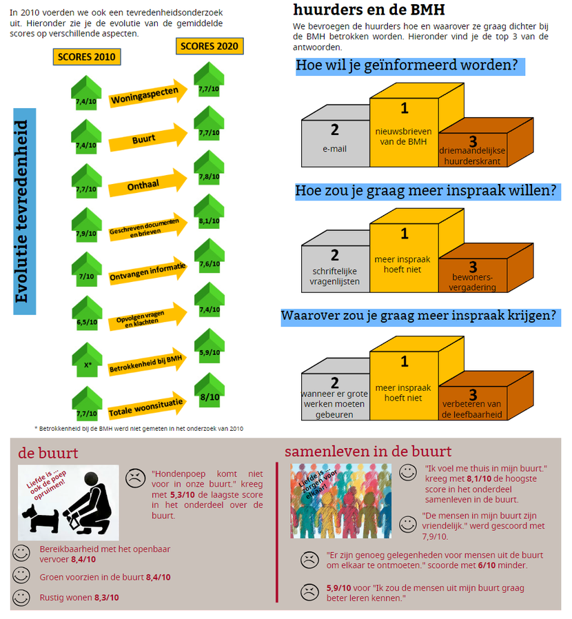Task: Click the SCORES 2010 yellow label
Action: (x=87, y=57)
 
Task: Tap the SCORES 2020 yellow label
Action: (x=210, y=46)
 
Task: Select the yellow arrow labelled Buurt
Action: (x=148, y=137)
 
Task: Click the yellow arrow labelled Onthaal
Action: (x=148, y=183)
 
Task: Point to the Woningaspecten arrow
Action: (x=148, y=94)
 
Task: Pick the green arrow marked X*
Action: (x=88, y=360)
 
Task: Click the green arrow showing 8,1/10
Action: (x=210, y=212)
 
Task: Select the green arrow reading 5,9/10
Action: (x=210, y=346)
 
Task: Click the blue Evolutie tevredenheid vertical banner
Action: (x=25, y=212)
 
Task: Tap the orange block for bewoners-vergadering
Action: (x=473, y=275)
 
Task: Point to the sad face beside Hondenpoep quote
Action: (x=135, y=478)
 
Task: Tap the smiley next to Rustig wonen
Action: (x=21, y=598)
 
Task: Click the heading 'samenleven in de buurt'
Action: (x=368, y=451)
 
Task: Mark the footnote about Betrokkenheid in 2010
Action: (x=139, y=429)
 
